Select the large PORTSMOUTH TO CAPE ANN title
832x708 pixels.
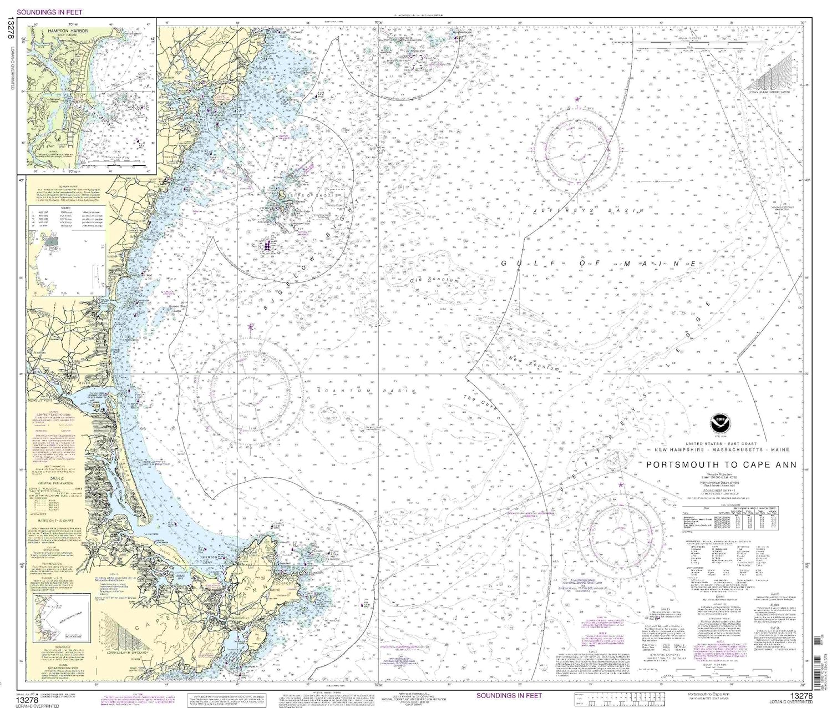coord(721,465)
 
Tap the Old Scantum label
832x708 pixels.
coord(434,281)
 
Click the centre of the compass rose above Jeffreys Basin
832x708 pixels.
coord(577,148)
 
